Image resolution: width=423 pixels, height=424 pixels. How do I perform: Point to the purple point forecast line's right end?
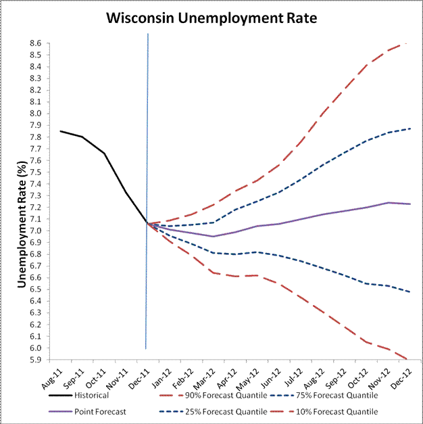[x=410, y=204]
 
